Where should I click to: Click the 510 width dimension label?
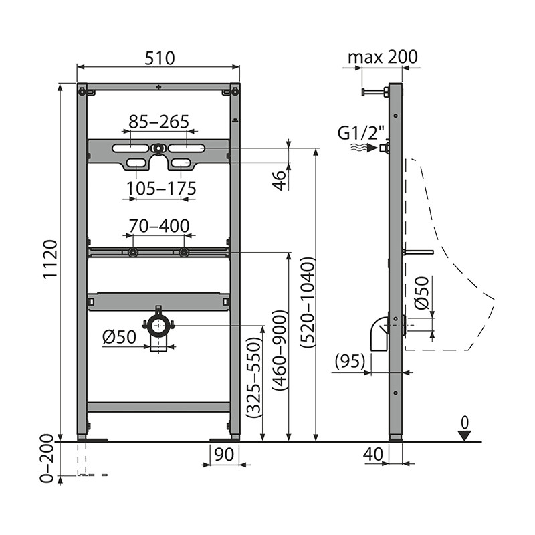159,58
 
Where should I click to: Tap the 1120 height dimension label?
51,259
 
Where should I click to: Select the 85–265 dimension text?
159,122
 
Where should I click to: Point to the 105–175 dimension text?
161,189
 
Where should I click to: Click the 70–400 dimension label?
159,226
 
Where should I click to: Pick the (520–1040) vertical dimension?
308,303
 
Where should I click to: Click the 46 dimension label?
280,181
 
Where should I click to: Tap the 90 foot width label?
224,454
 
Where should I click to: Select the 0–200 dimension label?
47,459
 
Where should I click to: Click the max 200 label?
383,57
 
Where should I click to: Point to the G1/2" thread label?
361,133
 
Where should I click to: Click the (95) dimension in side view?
350,361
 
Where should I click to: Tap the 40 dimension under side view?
373,454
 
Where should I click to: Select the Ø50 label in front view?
120,337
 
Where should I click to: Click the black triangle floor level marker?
465,436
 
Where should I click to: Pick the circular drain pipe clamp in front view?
158,326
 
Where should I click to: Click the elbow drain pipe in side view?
379,334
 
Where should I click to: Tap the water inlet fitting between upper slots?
158,148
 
